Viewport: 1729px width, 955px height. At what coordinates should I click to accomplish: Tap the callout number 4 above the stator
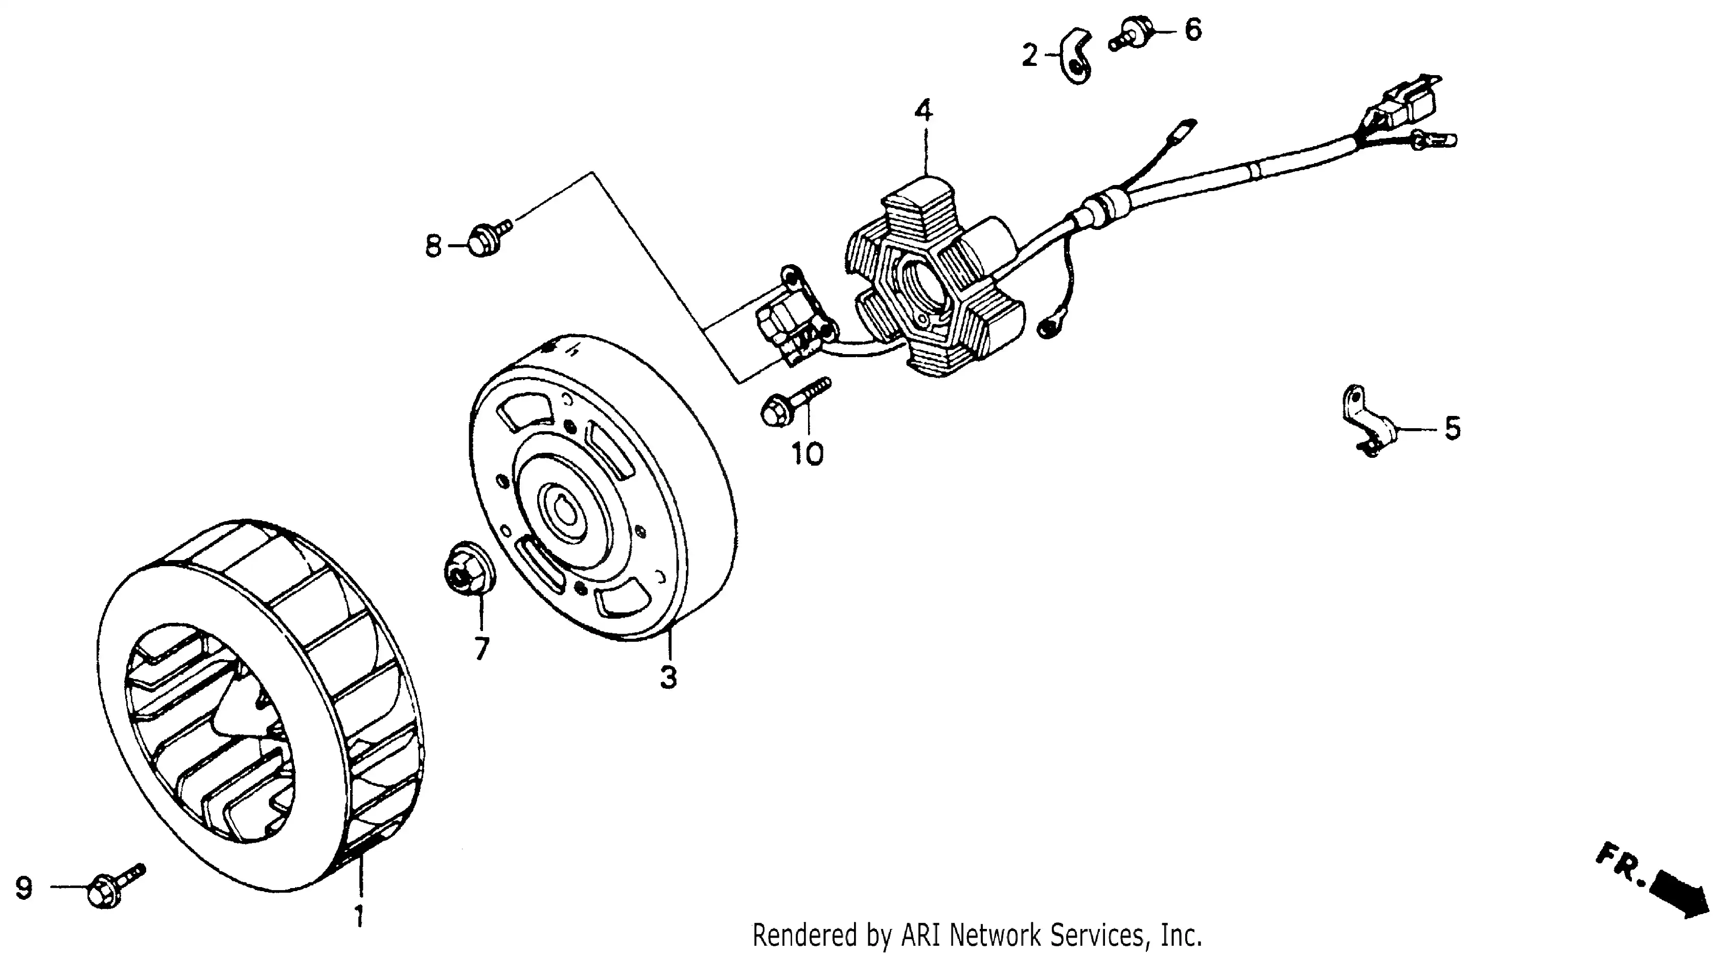[x=924, y=111]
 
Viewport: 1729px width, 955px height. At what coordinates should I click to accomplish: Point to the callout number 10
[x=808, y=455]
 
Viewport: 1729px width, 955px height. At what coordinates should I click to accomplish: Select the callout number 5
[x=1453, y=428]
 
